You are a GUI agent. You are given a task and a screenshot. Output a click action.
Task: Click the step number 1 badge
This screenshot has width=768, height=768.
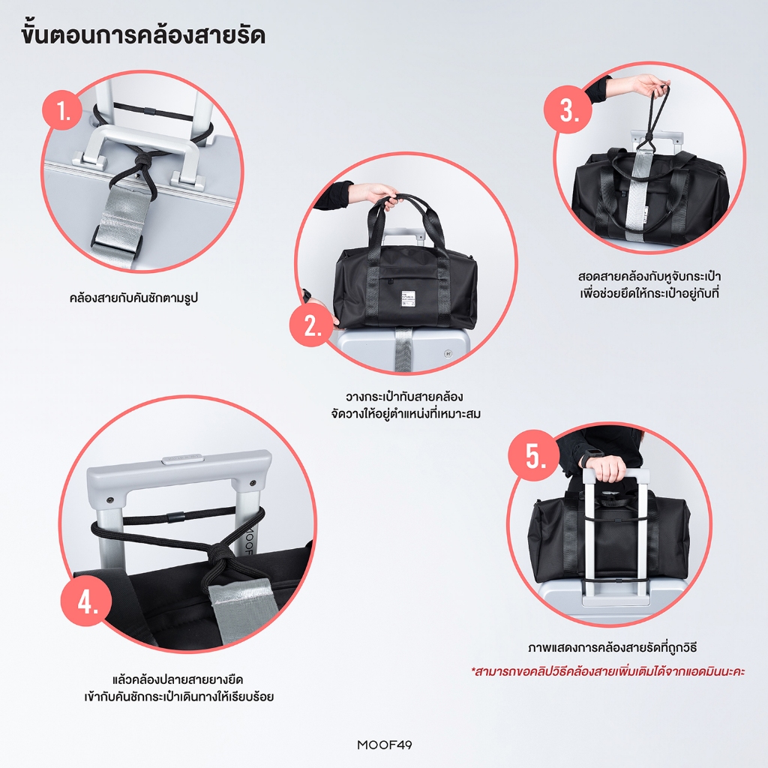(x=63, y=110)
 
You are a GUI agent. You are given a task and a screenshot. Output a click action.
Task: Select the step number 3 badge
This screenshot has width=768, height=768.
(x=568, y=109)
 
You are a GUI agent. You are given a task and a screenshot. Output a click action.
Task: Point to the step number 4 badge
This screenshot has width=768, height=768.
(x=87, y=601)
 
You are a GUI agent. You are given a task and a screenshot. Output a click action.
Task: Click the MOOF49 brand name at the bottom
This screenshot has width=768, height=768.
(x=385, y=745)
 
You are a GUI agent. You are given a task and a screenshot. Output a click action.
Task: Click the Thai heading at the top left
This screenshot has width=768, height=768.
(x=143, y=35)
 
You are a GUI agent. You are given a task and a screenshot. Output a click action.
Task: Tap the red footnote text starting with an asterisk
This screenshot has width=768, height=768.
(x=607, y=670)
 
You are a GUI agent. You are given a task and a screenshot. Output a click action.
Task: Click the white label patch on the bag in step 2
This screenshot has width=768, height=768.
(x=407, y=301)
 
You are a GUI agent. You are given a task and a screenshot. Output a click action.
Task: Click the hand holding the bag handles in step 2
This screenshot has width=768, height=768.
(x=381, y=194)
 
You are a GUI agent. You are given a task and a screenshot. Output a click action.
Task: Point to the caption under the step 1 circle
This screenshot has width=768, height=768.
(x=133, y=297)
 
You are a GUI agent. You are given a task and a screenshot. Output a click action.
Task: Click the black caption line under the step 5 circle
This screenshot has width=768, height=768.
(x=612, y=647)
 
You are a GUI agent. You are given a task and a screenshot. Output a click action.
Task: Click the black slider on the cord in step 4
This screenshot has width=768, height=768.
(x=176, y=516)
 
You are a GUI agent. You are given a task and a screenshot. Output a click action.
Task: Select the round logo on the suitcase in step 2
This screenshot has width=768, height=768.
(x=447, y=353)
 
